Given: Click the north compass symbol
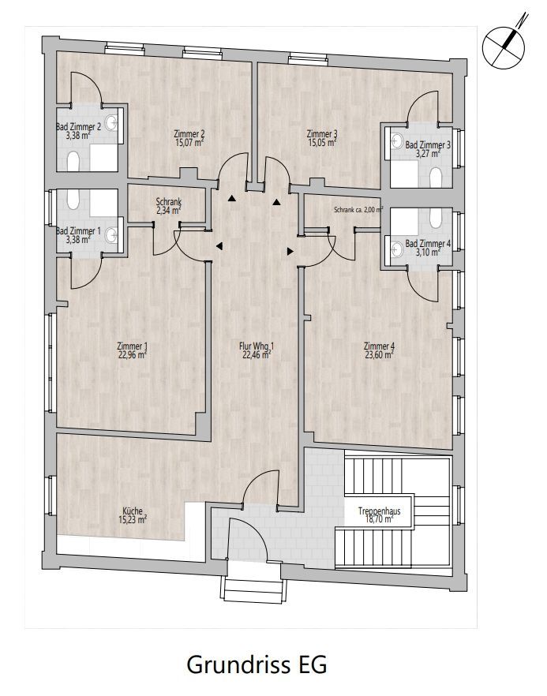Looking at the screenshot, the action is click(505, 43).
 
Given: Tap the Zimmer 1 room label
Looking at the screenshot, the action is click(132, 346).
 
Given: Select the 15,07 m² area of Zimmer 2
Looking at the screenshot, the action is click(189, 143).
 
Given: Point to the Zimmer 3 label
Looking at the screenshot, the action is click(322, 133).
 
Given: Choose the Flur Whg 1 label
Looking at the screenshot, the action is click(257, 346).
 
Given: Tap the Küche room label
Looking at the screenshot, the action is click(133, 511).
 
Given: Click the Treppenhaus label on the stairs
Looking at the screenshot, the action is click(379, 511).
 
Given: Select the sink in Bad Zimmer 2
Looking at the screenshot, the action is click(111, 122).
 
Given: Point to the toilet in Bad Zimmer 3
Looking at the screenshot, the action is click(436, 177).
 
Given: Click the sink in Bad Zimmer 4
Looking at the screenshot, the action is click(396, 249).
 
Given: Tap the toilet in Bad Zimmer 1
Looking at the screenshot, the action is click(73, 200).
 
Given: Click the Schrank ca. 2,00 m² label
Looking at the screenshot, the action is click(358, 210).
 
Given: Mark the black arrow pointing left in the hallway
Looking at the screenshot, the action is click(219, 246).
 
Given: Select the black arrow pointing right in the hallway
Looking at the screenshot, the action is click(290, 251).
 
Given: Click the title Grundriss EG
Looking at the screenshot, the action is click(257, 664).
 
